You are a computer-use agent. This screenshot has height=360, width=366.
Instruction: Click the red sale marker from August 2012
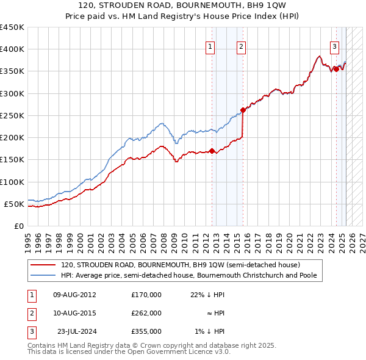pos(212,151)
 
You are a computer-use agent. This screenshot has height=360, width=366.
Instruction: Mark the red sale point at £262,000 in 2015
pos(243,110)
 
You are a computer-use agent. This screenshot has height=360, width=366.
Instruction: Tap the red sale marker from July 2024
pos(336,69)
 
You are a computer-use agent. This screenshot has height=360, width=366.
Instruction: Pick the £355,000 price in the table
pos(146,331)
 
